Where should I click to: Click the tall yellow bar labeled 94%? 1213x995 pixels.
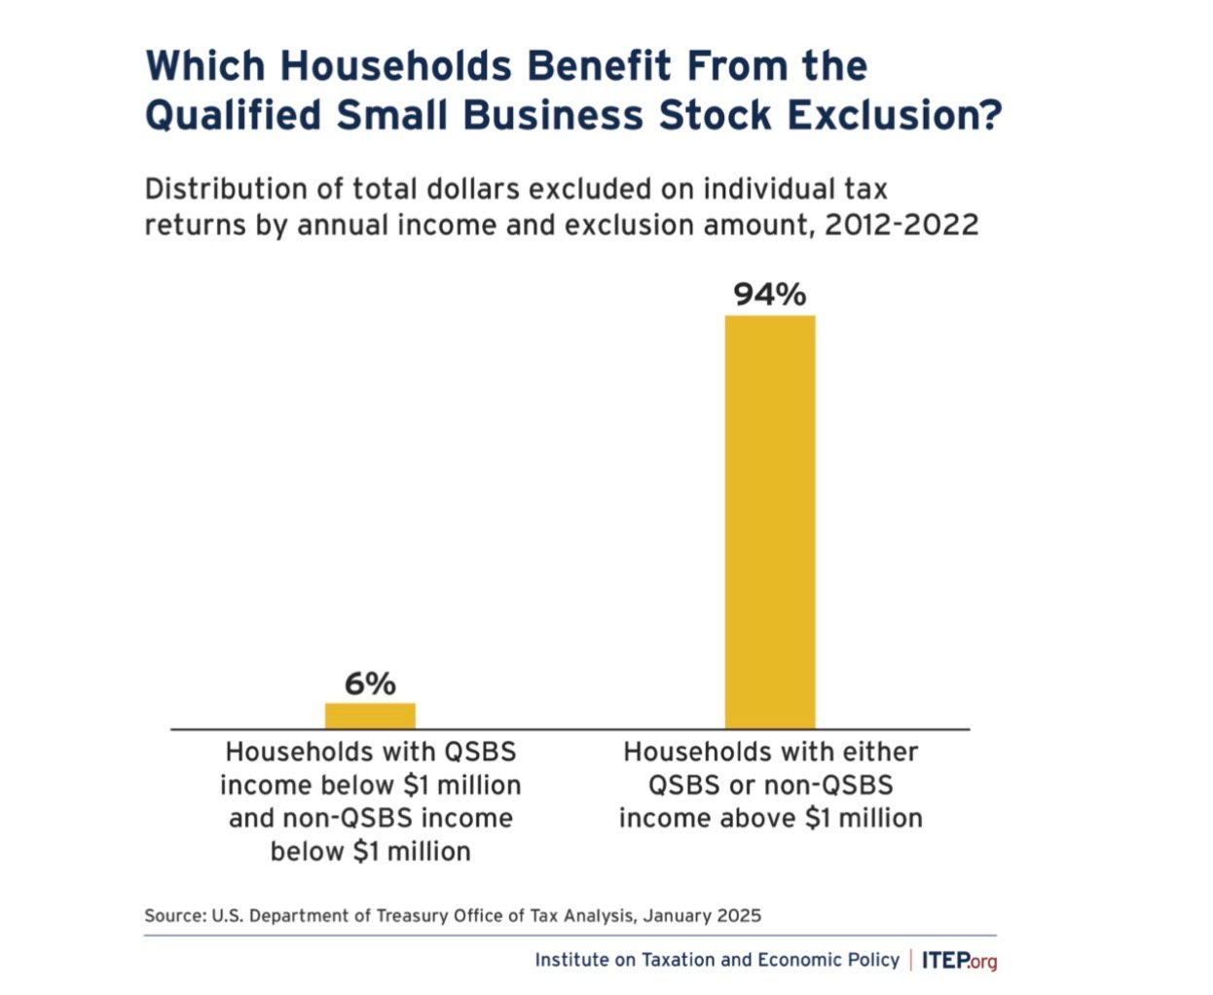pos(769,522)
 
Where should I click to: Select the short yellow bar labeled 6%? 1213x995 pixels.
pos(370,716)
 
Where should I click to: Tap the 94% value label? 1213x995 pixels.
pos(769,294)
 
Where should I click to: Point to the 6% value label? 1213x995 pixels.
pos(370,683)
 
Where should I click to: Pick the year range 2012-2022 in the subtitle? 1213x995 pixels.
pos(901,225)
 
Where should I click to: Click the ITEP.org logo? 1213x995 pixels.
pos(959,961)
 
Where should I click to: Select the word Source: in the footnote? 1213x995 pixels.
pos(175,915)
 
